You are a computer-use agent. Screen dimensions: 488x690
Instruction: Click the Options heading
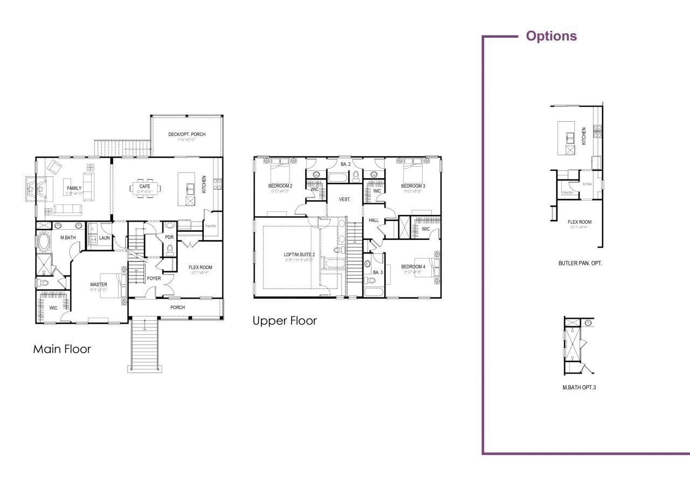coord(551,36)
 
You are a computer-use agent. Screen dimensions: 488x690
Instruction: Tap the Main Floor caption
coord(62,349)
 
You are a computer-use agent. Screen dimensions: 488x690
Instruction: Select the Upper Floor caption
coord(285,321)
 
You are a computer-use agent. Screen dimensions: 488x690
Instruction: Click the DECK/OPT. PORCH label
coord(187,134)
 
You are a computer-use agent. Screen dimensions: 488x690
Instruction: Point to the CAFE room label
coord(144,187)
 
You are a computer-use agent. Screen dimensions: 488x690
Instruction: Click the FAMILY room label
coord(74,188)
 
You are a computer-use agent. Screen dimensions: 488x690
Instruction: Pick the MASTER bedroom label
coord(98,284)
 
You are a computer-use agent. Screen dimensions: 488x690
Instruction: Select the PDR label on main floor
coord(169,237)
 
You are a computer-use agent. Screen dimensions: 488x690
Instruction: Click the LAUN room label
coord(104,238)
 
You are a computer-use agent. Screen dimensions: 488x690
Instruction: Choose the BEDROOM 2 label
coord(280,186)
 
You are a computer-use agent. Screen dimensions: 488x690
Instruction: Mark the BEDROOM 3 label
coord(413,186)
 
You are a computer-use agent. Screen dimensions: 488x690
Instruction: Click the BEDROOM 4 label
coord(413,266)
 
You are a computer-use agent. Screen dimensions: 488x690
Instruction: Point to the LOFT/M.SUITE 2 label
coord(299,255)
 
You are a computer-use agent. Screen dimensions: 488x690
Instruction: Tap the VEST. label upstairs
coord(344,200)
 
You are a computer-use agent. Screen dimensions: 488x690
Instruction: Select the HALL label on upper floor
coord(374,221)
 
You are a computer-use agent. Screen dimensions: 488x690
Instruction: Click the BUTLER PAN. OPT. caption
coord(580,264)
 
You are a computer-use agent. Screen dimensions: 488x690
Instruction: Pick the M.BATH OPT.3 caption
coord(579,387)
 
